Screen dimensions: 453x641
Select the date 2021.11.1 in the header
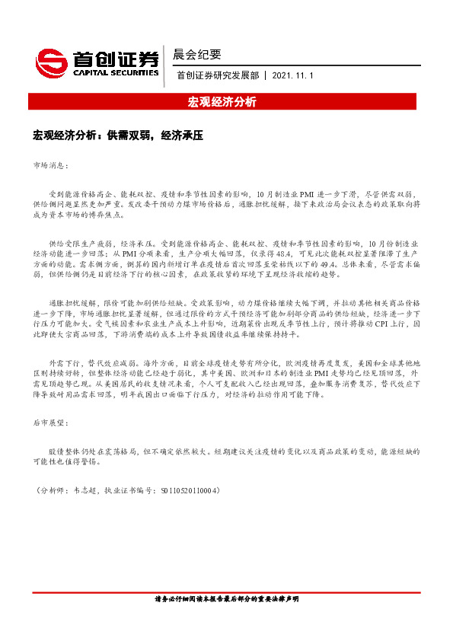pos(292,76)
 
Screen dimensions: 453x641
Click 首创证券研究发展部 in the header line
pos(218,76)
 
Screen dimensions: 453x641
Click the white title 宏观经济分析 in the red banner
pos(226,101)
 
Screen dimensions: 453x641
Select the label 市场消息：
pos(51,164)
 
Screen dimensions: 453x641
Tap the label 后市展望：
pos(51,422)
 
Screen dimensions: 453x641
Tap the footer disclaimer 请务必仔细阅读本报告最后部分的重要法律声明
pos(226,599)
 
